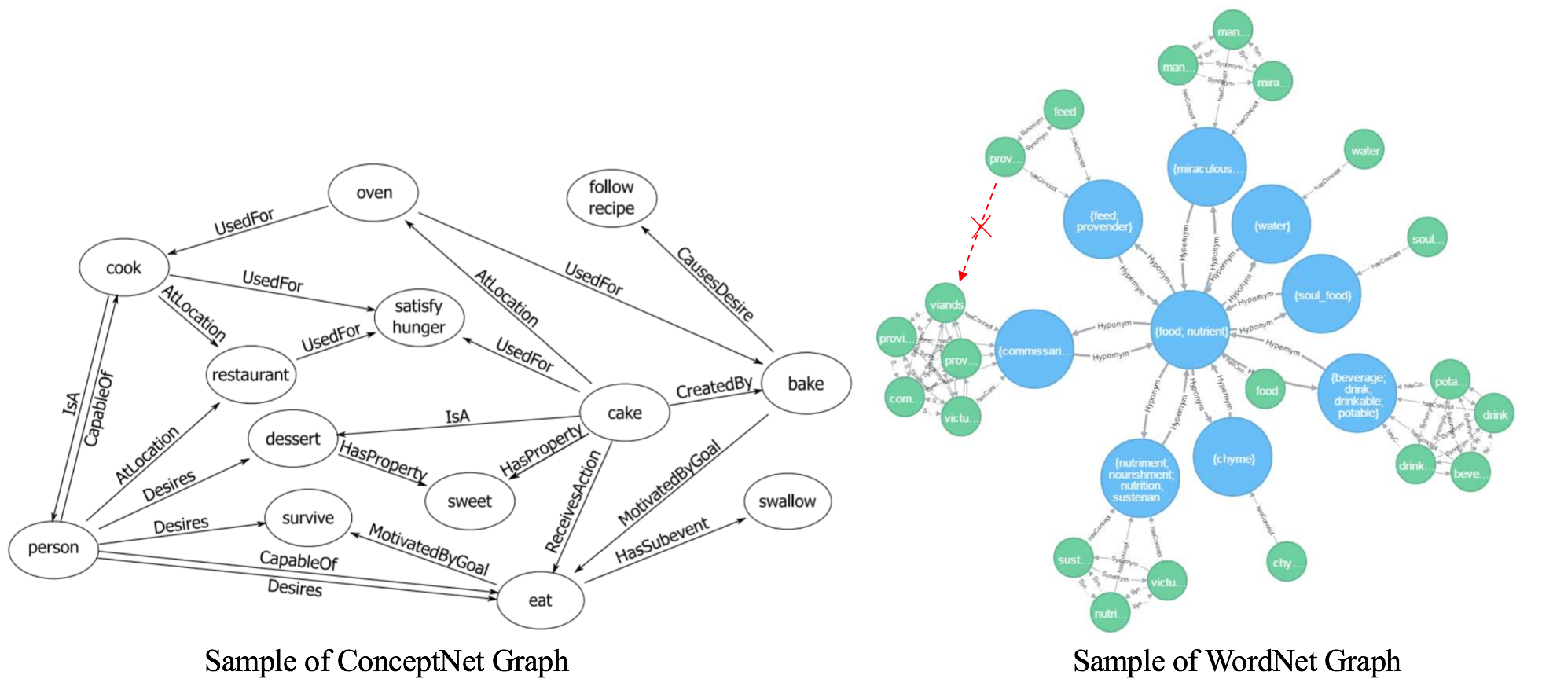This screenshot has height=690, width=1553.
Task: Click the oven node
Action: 373,193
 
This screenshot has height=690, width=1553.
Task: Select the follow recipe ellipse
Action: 611,198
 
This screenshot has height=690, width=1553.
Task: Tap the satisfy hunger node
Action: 419,317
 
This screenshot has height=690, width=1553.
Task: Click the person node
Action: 53,548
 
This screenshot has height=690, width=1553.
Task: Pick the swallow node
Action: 787,501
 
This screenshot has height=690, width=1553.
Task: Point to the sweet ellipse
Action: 469,501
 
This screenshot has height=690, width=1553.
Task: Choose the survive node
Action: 307,518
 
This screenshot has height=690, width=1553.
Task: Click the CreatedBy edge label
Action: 714,387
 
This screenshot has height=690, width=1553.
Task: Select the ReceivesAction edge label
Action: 573,501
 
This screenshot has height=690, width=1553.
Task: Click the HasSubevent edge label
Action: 662,541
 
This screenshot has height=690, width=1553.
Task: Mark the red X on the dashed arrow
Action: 981,228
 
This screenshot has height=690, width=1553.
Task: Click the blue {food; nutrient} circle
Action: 1191,331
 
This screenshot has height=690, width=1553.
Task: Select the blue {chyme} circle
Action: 1232,458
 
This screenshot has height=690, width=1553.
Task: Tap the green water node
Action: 1364,151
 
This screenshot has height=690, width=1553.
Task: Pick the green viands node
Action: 945,305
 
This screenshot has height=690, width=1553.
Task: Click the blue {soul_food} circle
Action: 1322,295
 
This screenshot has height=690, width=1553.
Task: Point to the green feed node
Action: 1064,112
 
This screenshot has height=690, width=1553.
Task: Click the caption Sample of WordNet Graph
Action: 1236,661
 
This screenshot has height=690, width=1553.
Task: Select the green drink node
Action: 1494,415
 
